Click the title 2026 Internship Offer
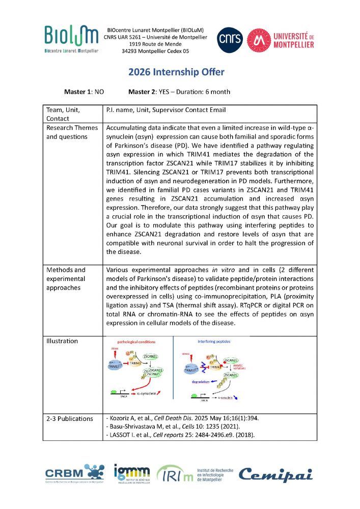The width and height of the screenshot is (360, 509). point(180,72)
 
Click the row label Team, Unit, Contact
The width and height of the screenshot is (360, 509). point(63,114)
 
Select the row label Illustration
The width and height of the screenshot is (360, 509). point(62,341)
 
